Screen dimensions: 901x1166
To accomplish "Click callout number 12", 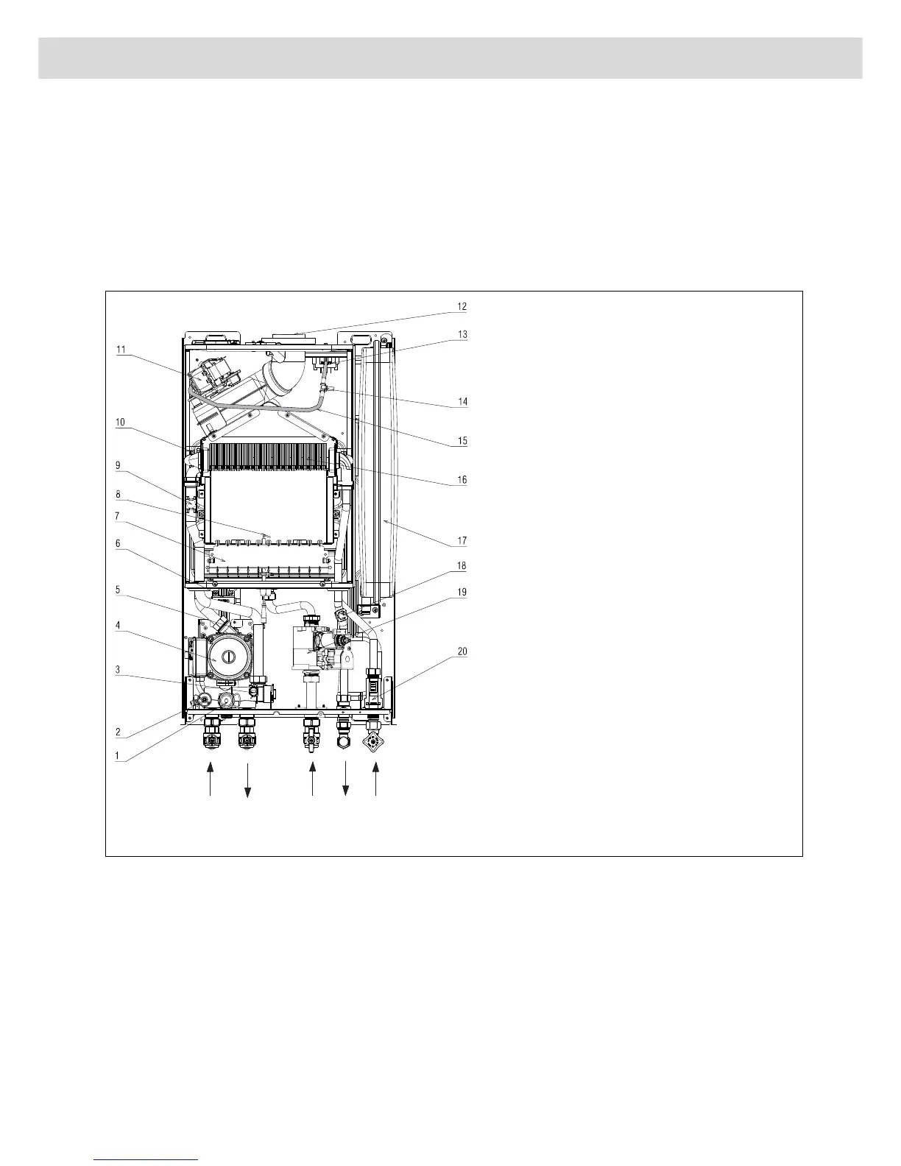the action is tap(462, 306).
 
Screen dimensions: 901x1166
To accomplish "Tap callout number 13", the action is tap(462, 334).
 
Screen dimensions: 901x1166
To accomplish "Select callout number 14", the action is tap(462, 401).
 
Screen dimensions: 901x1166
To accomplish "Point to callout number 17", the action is tap(462, 541).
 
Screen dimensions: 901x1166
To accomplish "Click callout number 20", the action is tap(462, 651).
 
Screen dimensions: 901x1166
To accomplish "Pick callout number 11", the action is tap(121, 350).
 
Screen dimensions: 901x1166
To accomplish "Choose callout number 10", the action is tap(120, 423).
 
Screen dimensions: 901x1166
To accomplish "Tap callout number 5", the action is tap(118, 590).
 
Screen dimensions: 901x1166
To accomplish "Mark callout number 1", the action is tap(117, 756).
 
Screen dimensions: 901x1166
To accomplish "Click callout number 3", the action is tap(118, 670).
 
